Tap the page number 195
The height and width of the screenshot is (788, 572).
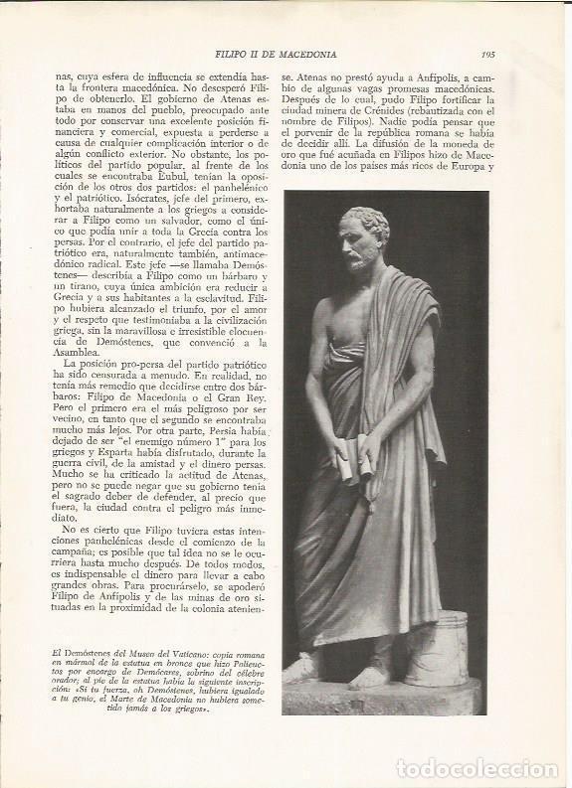click(x=486, y=55)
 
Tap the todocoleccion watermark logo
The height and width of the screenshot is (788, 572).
click(x=477, y=767)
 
